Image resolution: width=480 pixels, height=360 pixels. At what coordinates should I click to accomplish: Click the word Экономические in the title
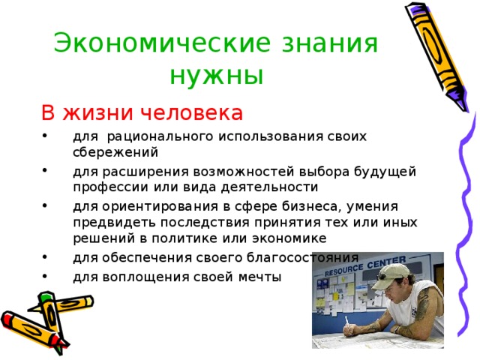[163, 43]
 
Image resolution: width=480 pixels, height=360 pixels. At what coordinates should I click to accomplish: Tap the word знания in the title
[329, 43]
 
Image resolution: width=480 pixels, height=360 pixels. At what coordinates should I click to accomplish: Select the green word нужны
[217, 75]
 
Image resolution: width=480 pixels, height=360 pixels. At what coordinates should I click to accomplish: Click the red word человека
[192, 112]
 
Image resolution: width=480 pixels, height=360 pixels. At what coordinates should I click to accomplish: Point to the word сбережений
[115, 151]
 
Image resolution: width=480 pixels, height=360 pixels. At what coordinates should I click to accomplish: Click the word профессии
[110, 187]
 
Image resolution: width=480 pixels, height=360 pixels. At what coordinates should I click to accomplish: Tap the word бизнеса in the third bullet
[310, 207]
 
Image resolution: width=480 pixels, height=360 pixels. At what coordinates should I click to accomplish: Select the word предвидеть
[114, 223]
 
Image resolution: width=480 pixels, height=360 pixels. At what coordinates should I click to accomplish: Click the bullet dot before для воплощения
[45, 276]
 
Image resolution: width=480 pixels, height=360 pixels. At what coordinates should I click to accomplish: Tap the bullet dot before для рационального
[45, 134]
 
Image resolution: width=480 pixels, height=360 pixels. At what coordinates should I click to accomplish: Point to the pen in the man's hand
[347, 323]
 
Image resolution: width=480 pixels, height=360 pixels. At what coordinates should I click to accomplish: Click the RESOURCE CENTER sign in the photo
[364, 266]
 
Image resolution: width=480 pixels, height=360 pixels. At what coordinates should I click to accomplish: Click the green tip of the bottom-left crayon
[46, 297]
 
